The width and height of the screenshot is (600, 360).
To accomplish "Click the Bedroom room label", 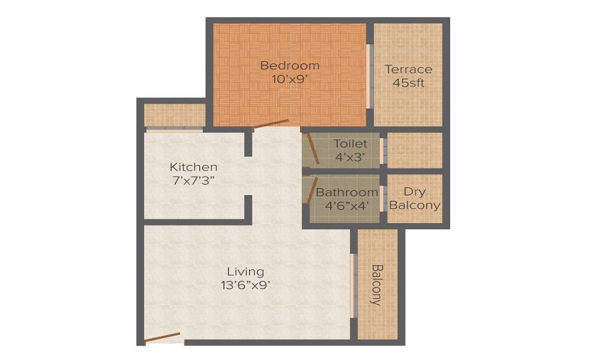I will click(x=290, y=65).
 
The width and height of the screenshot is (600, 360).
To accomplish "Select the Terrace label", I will click(x=408, y=69).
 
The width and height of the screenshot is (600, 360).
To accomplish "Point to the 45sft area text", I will click(x=408, y=83).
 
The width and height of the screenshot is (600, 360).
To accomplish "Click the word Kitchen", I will click(x=193, y=167).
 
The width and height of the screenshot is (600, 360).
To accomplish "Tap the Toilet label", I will click(x=350, y=144).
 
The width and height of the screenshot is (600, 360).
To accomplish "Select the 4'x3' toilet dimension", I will click(x=350, y=157).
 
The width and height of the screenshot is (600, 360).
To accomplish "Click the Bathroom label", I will click(x=347, y=193).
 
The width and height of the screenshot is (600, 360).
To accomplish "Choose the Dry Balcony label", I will click(x=415, y=199).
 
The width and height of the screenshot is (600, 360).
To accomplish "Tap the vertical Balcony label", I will click(x=377, y=285).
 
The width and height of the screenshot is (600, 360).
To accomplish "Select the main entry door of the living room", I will click(x=163, y=337).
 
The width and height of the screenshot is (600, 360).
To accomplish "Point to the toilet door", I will click(x=313, y=148).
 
